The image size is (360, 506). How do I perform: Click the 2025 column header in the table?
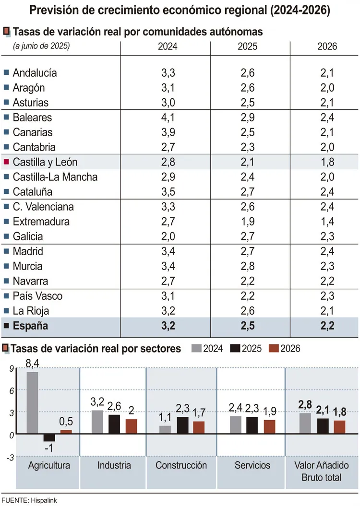point(247,47)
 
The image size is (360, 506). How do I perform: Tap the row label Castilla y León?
point(45,162)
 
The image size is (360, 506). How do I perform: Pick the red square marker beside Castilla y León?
point(6,162)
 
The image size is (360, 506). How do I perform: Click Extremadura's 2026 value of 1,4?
point(327,222)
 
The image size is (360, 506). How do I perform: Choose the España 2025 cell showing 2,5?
point(247,327)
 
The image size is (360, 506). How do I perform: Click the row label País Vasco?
point(37,296)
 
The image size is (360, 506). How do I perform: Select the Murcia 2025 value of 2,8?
point(247,266)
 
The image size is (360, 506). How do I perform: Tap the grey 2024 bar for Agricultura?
point(33,403)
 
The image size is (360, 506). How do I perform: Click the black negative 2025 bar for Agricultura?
point(49,437)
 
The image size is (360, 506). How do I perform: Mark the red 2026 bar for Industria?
point(132,426)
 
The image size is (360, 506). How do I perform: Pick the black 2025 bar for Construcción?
point(182,425)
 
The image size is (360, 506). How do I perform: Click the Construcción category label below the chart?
point(181,465)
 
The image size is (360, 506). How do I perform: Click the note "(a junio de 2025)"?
point(42,46)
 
